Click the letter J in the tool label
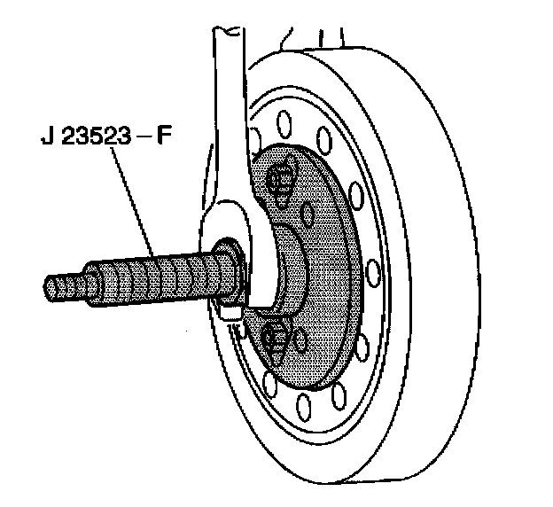(45, 139)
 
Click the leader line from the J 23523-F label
(133, 204)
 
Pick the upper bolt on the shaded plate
(281, 180)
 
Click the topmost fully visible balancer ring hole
(286, 120)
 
